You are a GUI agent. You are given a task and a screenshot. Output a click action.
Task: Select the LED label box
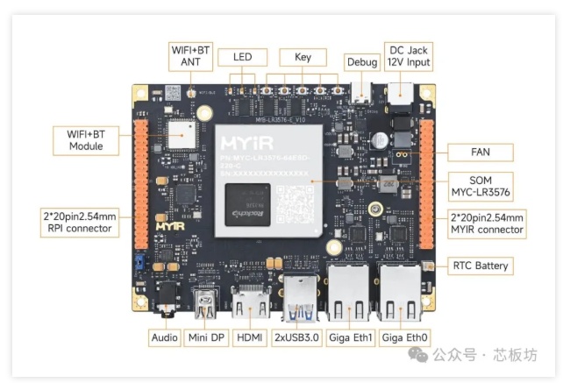242,57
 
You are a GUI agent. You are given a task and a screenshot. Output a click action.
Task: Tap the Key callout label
303,57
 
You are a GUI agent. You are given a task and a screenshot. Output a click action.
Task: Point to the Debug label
362,63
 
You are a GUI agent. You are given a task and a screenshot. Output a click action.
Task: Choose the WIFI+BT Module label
86,139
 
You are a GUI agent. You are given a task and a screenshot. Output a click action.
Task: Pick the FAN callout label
480,152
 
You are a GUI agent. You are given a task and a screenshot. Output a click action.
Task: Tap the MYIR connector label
487,223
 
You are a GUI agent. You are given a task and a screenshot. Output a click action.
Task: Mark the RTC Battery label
480,266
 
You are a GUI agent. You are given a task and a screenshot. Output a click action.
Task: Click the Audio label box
163,337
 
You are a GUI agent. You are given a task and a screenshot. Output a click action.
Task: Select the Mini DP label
207,337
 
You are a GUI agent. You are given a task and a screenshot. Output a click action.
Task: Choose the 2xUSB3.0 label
297,337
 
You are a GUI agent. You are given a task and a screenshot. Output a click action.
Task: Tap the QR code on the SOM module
293,202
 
